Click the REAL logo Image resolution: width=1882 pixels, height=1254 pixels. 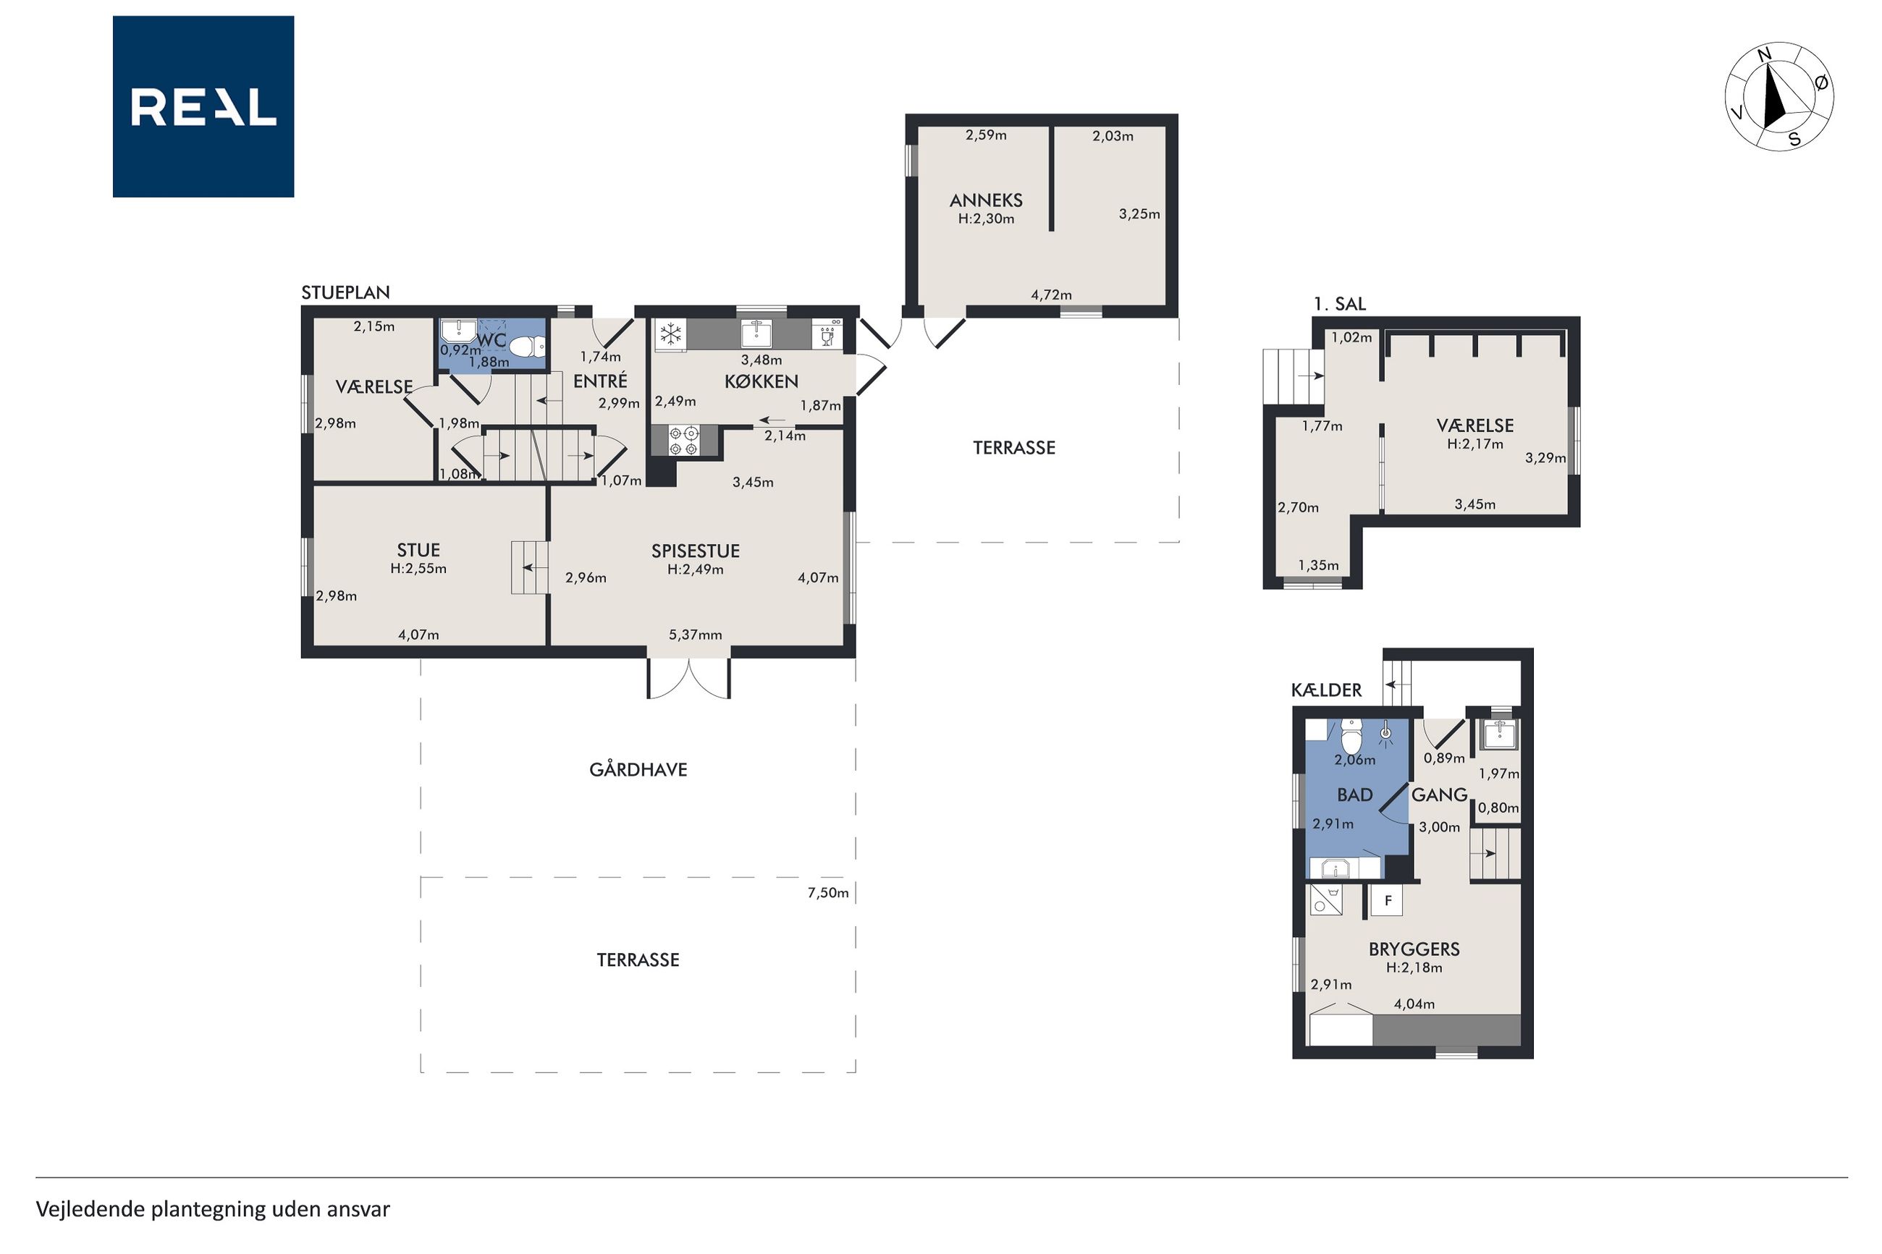[203, 106]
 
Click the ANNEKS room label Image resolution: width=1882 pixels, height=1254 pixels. [985, 200]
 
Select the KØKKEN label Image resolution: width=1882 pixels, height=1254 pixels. [761, 381]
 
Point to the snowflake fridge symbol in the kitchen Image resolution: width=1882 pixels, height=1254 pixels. [670, 334]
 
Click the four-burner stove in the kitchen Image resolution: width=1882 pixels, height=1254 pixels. [685, 441]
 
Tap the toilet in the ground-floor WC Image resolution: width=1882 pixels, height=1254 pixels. [526, 347]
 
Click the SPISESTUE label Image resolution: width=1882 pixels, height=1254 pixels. [695, 551]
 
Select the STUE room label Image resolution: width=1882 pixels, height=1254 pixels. [418, 550]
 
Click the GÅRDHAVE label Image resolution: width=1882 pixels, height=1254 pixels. [638, 769]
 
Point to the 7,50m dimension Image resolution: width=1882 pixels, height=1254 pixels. [828, 892]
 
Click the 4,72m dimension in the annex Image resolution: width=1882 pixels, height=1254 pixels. [1051, 295]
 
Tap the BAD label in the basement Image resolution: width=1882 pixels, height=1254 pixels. [1355, 795]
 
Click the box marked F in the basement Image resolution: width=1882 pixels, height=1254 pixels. [1388, 899]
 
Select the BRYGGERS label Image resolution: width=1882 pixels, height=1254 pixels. [1414, 949]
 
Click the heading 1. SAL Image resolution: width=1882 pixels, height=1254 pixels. [1340, 304]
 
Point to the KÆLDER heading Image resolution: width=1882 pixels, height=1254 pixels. [1326, 690]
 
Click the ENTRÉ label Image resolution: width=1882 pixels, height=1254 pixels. [600, 381]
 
